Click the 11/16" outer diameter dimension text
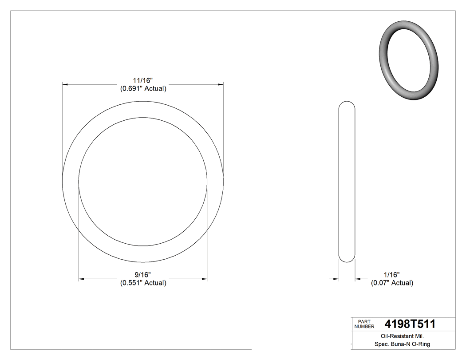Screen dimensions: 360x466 point(143,80)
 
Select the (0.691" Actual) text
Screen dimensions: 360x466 point(143,88)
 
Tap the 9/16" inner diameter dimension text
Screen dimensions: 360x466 point(143,275)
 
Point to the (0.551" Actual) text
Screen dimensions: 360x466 point(143,283)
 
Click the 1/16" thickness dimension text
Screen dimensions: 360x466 point(391,275)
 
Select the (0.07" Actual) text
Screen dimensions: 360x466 point(392,283)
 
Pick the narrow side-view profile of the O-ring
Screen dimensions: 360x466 point(347,182)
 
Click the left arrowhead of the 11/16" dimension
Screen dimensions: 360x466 point(65,84)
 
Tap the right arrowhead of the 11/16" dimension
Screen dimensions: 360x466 point(220,84)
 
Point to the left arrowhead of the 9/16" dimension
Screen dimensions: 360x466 point(82,279)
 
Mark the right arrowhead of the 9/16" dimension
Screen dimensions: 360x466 point(204,279)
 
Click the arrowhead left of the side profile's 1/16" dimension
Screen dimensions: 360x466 point(336,279)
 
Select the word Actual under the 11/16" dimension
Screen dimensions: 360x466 point(154,88)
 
